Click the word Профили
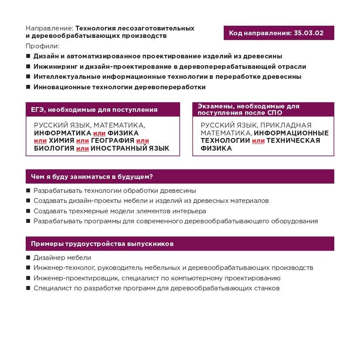(x=42, y=46)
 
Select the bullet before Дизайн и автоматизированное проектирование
(x=28, y=56)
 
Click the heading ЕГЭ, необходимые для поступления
(x=94, y=110)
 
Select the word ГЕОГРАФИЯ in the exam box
(x=112, y=141)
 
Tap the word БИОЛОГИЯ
(x=54, y=148)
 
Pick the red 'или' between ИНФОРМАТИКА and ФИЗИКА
(x=99, y=133)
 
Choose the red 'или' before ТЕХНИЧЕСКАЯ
(x=258, y=141)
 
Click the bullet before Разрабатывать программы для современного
(x=28, y=221)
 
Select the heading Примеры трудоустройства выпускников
(x=102, y=244)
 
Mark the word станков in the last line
(x=266, y=288)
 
